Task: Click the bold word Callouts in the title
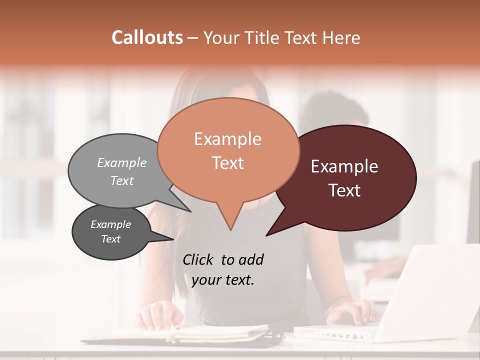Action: click(x=147, y=37)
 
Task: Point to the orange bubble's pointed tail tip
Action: click(x=230, y=230)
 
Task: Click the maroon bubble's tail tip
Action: click(x=266, y=235)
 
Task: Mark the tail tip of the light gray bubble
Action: click(x=191, y=211)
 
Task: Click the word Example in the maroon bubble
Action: click(x=344, y=166)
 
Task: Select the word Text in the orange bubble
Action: click(x=227, y=163)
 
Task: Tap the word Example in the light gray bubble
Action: click(x=121, y=163)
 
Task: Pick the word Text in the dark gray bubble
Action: click(x=111, y=239)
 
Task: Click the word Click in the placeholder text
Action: click(x=199, y=259)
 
